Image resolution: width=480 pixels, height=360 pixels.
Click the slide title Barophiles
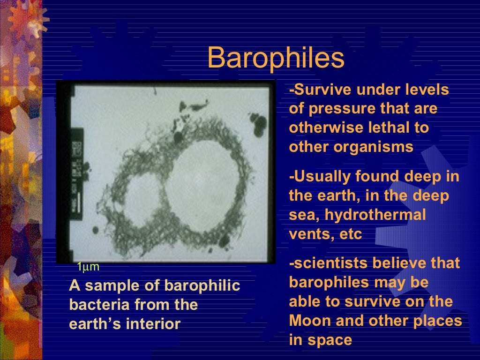[276, 58]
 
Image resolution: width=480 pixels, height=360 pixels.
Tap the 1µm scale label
[88, 267]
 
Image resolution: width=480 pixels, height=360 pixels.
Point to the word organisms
[374, 147]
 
